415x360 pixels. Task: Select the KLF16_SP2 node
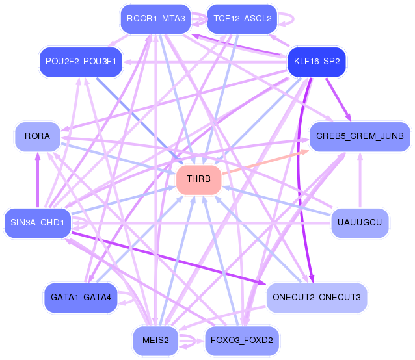coord(317,62)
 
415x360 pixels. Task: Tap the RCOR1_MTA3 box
coord(155,19)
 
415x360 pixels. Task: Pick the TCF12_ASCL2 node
coord(242,19)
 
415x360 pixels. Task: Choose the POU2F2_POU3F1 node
coord(81,61)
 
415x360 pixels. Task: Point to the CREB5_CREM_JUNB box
coord(360,136)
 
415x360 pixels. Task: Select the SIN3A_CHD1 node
coord(37,223)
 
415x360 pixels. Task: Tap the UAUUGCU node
coord(360,223)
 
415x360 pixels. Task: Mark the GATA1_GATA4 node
coord(81,298)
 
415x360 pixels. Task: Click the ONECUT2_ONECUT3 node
coord(317,298)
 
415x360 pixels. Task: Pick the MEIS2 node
coord(155,340)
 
